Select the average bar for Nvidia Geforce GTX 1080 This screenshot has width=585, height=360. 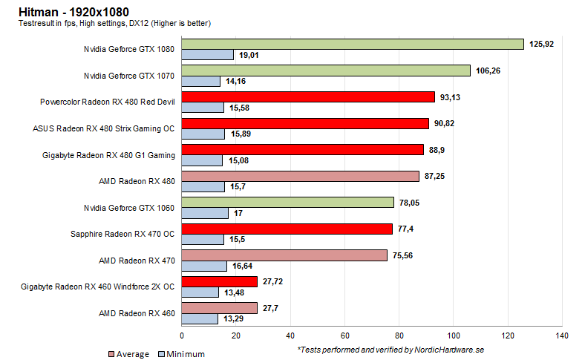353,44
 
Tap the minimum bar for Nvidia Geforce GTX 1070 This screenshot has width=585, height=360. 201,81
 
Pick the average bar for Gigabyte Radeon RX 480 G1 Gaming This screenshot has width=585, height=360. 303,149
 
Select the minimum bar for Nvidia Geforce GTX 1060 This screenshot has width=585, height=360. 205,213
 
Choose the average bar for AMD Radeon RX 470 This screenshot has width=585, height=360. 284,255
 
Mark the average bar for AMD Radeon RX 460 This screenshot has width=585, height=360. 220,308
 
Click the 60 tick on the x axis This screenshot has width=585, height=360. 344,336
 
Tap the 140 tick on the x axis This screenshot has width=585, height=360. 562,336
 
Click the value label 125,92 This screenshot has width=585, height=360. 542,44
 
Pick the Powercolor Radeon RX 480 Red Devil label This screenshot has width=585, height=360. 108,102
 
